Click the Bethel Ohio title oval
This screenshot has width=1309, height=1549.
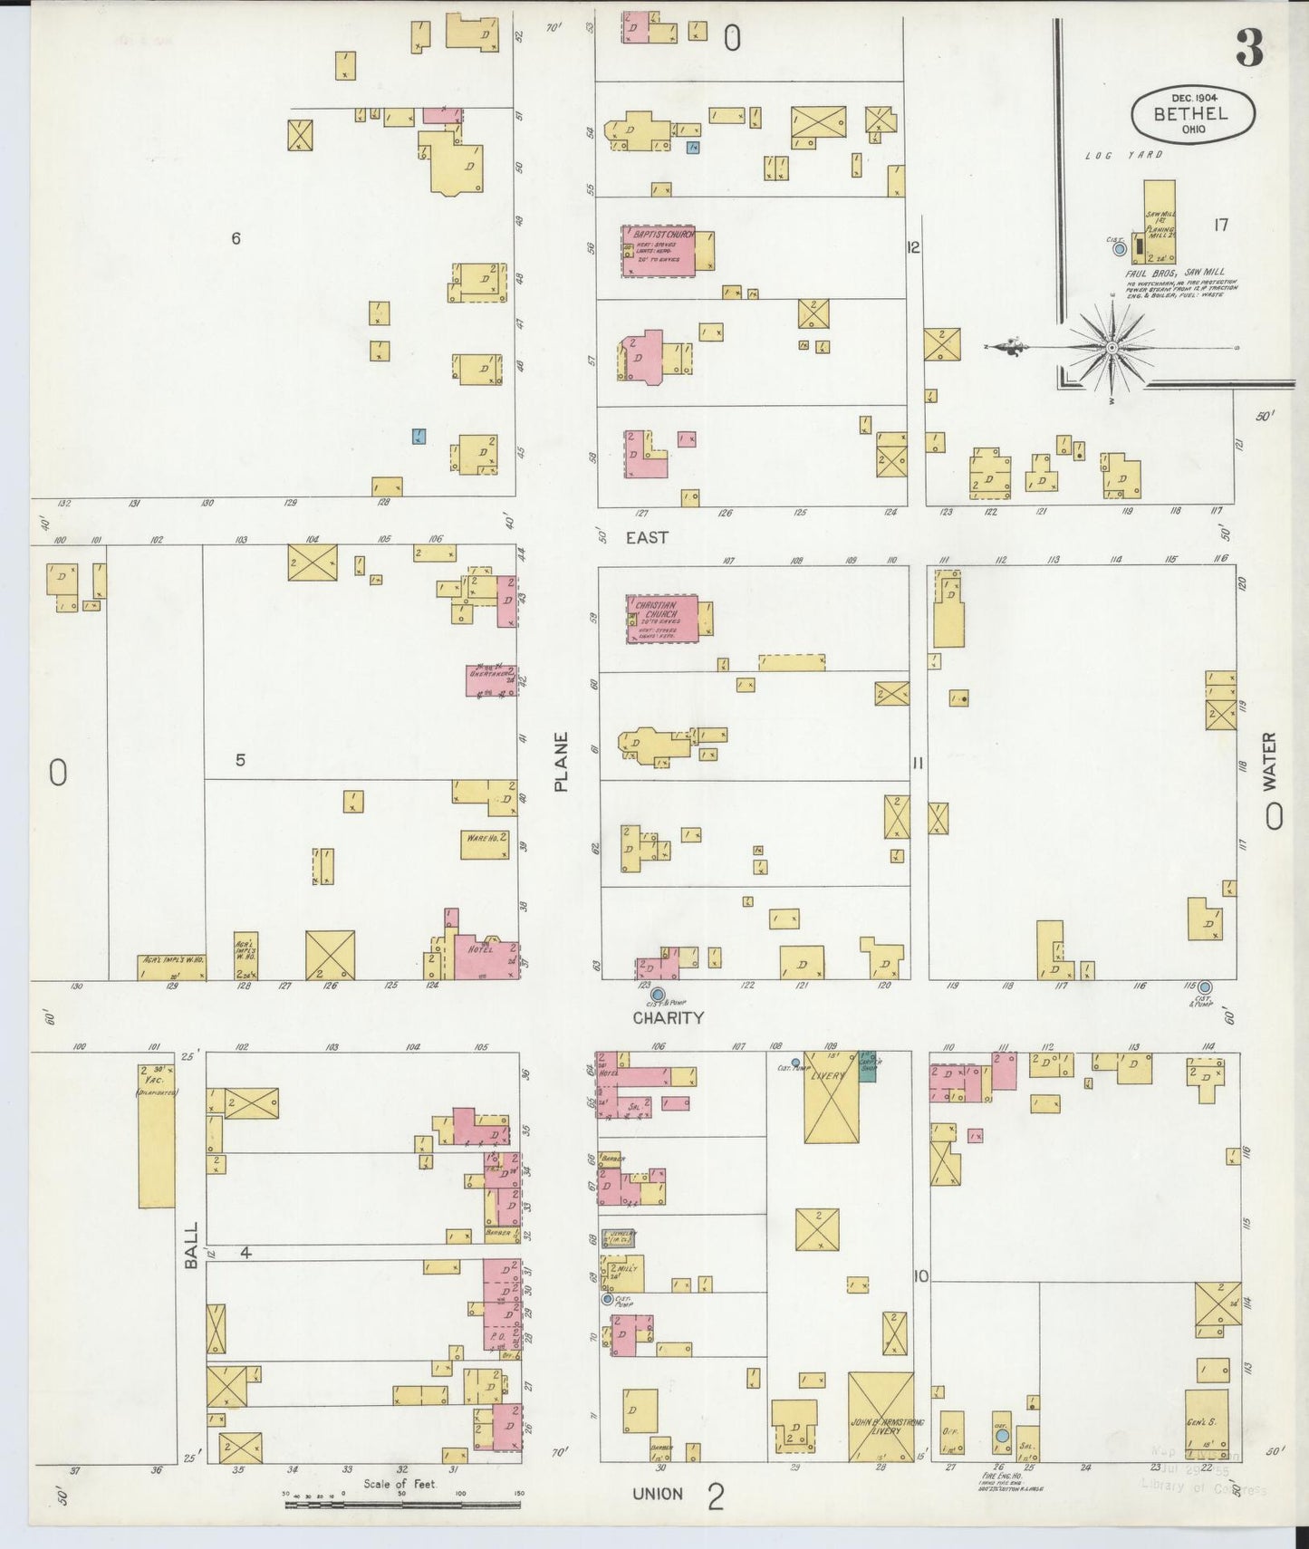point(1192,114)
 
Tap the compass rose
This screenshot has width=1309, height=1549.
point(1112,347)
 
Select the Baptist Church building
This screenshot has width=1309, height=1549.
point(659,250)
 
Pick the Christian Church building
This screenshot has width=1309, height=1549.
point(662,618)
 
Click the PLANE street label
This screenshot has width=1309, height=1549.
point(562,762)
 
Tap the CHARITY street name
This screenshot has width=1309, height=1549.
point(668,1017)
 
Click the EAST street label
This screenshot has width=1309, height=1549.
point(647,537)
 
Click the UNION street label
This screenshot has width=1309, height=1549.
point(658,1493)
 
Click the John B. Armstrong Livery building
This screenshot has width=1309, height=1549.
point(881,1429)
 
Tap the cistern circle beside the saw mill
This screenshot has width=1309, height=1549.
point(1121,247)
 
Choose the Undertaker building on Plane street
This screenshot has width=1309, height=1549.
point(491,680)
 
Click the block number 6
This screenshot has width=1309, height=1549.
point(236,239)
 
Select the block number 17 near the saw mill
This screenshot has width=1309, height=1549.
point(1220,225)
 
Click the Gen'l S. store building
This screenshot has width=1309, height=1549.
point(1207,1422)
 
